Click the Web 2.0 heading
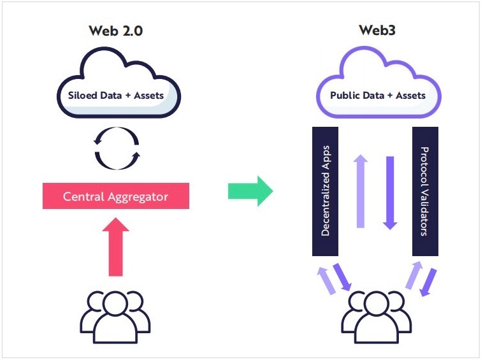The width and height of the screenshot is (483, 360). [x=116, y=31]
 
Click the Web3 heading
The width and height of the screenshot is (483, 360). [x=377, y=30]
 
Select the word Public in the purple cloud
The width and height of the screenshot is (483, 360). [x=342, y=96]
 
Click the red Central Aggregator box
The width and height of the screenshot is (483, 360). [x=116, y=196]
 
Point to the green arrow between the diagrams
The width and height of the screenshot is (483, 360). [x=250, y=191]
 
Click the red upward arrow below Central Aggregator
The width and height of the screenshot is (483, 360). [x=116, y=247]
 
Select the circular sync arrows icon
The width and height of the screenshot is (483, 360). [x=117, y=148]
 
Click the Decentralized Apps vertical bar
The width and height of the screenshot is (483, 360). [x=325, y=191]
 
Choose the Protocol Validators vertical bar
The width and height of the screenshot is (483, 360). [x=426, y=191]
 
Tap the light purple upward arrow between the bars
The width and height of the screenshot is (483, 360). [x=361, y=191]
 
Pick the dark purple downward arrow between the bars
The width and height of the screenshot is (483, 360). [x=390, y=193]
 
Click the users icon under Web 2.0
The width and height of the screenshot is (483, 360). [x=115, y=317]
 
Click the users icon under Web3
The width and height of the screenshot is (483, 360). [x=377, y=317]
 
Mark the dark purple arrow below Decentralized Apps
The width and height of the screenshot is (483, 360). [x=342, y=277]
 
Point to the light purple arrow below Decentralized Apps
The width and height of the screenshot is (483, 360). [x=326, y=280]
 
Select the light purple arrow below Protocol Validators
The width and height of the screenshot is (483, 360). [x=414, y=275]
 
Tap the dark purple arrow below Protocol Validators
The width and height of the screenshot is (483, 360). [x=428, y=282]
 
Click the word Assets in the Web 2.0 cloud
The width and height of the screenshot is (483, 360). [x=148, y=96]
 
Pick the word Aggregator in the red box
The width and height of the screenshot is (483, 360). [x=138, y=197]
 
